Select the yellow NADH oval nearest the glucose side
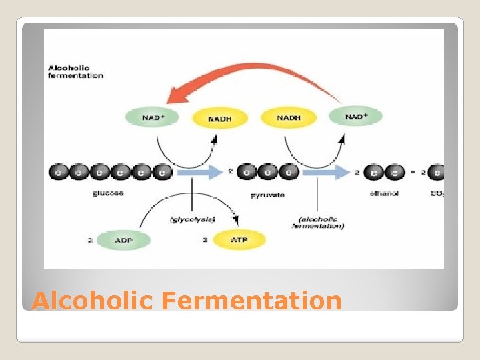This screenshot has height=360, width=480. pyautogui.click(x=220, y=118)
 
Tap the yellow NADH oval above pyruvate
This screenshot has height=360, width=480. pyautogui.click(x=289, y=117)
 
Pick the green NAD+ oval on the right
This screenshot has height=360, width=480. pyautogui.click(x=355, y=117)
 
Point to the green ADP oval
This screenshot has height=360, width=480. pyautogui.click(x=124, y=240)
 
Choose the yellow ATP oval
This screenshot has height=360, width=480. pyautogui.click(x=238, y=240)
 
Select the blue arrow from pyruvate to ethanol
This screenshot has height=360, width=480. pyautogui.click(x=325, y=172)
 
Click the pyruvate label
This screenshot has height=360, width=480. pyautogui.click(x=267, y=195)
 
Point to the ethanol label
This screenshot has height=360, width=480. pyautogui.click(x=384, y=195)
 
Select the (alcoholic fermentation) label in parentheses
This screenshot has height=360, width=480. pyautogui.click(x=318, y=223)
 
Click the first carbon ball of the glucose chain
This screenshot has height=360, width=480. pyautogui.click(x=58, y=172)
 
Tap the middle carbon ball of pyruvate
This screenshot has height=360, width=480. pyautogui.click(x=267, y=172)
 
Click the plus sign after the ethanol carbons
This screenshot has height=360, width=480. pyautogui.click(x=413, y=172)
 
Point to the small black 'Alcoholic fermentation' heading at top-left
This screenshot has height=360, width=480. pyautogui.click(x=76, y=71)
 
